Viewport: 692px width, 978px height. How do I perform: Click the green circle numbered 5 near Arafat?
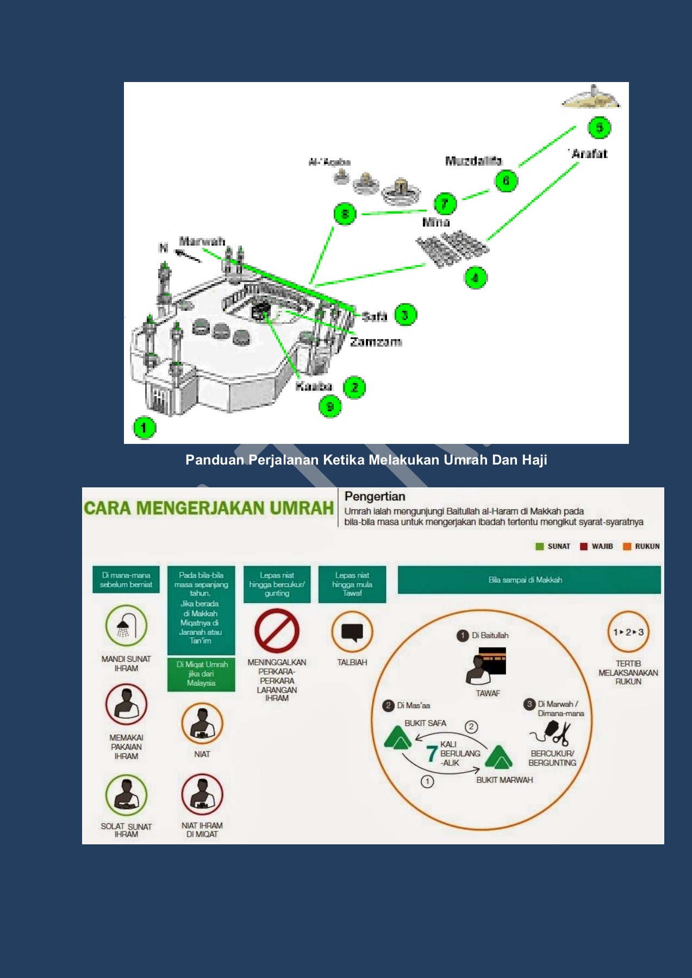pyautogui.click(x=599, y=128)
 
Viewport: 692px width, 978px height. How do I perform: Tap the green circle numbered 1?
pyautogui.click(x=144, y=428)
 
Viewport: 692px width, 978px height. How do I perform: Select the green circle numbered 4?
pyautogui.click(x=475, y=278)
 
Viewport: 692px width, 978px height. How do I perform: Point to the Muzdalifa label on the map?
pyautogui.click(x=473, y=161)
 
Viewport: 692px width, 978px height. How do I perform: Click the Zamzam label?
pyautogui.click(x=376, y=342)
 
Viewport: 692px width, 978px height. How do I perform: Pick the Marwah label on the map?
pyautogui.click(x=202, y=241)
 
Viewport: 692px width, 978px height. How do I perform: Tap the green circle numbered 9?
pyautogui.click(x=330, y=406)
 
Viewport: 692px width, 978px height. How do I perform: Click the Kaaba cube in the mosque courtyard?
pyautogui.click(x=260, y=311)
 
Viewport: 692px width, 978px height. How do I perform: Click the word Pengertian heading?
pyautogui.click(x=375, y=496)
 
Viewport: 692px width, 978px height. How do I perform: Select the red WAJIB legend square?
pyautogui.click(x=584, y=547)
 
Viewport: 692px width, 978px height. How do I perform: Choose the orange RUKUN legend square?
pyautogui.click(x=627, y=547)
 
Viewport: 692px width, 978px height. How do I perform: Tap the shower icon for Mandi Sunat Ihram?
pyautogui.click(x=126, y=626)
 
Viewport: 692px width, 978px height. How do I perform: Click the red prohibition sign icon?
pyautogui.click(x=277, y=631)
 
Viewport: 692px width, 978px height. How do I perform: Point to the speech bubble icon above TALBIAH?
pyautogui.click(x=352, y=632)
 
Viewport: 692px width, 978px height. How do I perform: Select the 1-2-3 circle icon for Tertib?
pyautogui.click(x=628, y=632)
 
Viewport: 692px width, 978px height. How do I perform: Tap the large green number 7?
pyautogui.click(x=432, y=754)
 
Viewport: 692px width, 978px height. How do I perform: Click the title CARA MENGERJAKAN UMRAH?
pyautogui.click(x=209, y=508)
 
